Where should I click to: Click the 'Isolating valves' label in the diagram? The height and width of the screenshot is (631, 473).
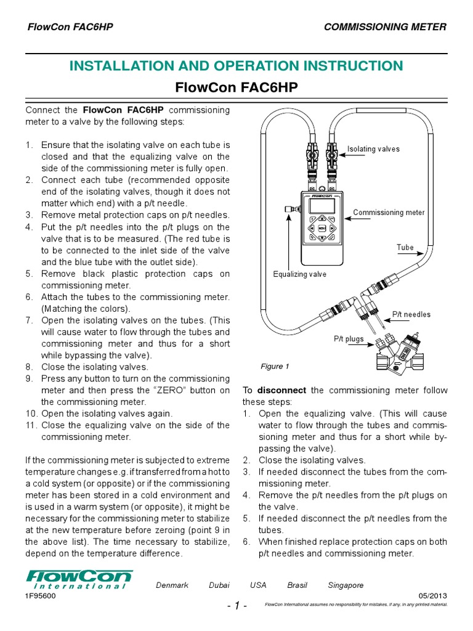point(373,149)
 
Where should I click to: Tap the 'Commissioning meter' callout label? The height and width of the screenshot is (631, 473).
point(389,213)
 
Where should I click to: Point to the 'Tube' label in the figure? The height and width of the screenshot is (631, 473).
point(405,248)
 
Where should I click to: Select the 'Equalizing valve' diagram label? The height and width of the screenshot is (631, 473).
point(300,274)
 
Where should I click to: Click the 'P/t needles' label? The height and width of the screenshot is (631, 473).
point(411,314)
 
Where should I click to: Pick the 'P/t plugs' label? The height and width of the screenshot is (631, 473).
point(349,339)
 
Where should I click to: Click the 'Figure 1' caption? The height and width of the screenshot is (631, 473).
point(275,367)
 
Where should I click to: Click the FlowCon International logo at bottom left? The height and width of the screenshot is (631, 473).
point(78,580)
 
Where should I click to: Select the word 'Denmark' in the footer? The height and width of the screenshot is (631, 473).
point(172,585)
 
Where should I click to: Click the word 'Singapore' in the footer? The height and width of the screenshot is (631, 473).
point(346,585)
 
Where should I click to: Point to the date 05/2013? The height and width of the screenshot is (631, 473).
point(433,596)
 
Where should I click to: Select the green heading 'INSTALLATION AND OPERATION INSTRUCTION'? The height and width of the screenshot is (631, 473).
point(236,66)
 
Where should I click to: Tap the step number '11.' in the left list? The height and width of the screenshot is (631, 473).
point(31,425)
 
